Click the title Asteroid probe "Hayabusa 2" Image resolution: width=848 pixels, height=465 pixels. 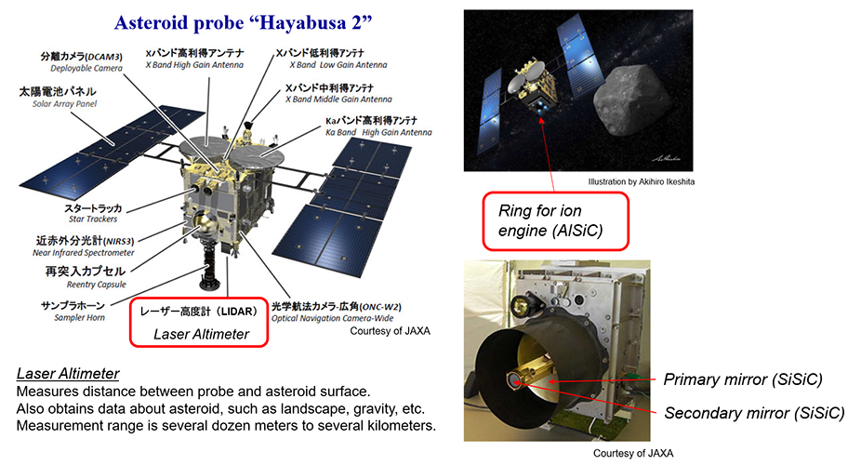point(244,22)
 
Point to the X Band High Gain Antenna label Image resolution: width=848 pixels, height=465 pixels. point(194,59)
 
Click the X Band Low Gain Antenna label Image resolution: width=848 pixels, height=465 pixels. point(332,59)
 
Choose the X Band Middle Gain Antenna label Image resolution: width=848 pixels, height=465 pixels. point(338,94)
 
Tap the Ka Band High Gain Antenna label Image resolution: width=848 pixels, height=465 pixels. point(378,126)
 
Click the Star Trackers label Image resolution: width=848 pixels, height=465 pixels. point(93,214)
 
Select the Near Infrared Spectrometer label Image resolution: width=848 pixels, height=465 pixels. point(84,246)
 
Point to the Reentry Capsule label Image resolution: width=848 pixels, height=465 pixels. point(86,277)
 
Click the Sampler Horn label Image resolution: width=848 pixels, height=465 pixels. point(73,311)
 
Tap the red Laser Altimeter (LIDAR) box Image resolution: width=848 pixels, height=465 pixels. point(199,323)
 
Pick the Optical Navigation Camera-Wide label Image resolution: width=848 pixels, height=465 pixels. point(337,312)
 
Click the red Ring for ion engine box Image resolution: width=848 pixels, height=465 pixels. point(556,221)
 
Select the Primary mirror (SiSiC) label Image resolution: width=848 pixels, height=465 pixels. point(743,379)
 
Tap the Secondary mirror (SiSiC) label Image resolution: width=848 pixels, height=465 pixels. point(754,413)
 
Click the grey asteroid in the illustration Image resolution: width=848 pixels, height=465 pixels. point(634,101)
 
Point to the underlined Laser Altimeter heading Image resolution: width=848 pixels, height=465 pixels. point(68,374)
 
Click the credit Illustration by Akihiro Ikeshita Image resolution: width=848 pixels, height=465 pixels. point(642,181)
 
